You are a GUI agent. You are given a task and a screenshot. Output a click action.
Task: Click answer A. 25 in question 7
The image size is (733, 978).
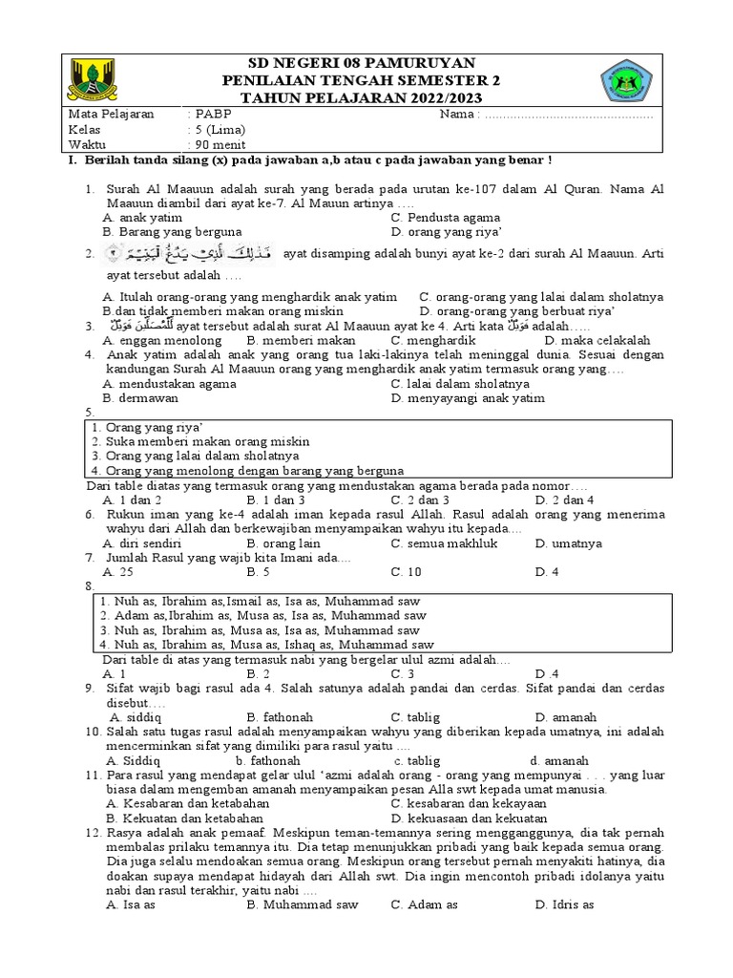pos(123,571)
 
